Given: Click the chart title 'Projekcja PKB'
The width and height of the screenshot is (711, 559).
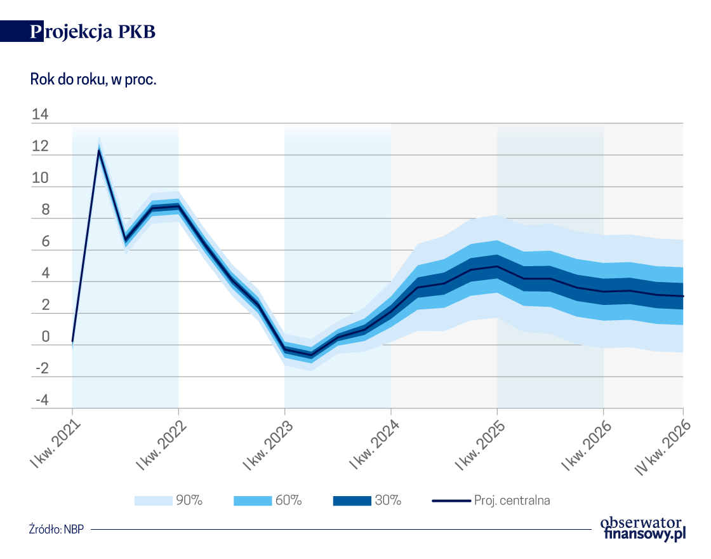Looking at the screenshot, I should click(93, 32).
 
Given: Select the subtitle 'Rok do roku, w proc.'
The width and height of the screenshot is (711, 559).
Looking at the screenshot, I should click(93, 80).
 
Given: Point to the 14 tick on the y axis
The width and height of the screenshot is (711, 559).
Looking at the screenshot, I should click(39, 115).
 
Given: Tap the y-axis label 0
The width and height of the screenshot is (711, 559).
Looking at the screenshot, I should click(44, 337).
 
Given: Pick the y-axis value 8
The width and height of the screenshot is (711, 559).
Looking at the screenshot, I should click(44, 210).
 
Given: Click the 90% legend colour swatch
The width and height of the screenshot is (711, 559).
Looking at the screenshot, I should click(153, 501).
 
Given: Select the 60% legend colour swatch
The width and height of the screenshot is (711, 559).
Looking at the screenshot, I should click(253, 501).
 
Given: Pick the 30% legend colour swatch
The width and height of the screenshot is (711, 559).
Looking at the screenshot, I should click(352, 501).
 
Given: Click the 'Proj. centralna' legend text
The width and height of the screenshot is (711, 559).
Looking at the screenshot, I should click(512, 501).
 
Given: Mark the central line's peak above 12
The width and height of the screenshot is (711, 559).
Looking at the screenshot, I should click(99, 151).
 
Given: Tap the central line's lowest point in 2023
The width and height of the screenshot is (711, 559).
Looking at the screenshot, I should click(311, 355).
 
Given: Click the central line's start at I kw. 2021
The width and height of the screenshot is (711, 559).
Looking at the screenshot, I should click(72, 341).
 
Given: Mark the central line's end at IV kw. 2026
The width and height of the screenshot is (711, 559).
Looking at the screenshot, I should click(683, 296).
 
